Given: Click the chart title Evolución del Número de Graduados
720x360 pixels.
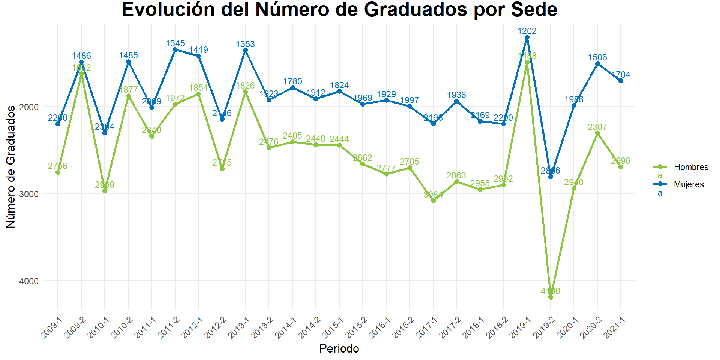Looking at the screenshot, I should [339, 10].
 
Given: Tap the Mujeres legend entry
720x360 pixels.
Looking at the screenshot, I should [688, 184].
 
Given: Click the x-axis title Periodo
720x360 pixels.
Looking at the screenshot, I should [339, 349].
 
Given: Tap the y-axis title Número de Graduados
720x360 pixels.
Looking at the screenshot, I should [11, 166].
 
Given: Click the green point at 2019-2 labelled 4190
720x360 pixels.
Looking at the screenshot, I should [550, 297].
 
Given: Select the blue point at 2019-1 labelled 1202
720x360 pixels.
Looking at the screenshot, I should [527, 37].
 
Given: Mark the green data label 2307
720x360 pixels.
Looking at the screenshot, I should [597, 127].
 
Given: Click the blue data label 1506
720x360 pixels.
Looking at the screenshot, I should [597, 57].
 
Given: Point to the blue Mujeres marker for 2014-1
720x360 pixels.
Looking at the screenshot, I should [292, 88].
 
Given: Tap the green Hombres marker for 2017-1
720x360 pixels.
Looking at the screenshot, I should [433, 201].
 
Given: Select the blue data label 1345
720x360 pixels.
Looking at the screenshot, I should [175, 43].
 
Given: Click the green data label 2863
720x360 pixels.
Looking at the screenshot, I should [456, 175].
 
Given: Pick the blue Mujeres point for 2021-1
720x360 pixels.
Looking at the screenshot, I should [621, 81].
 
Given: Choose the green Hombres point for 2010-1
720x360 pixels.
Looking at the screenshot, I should [105, 191].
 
